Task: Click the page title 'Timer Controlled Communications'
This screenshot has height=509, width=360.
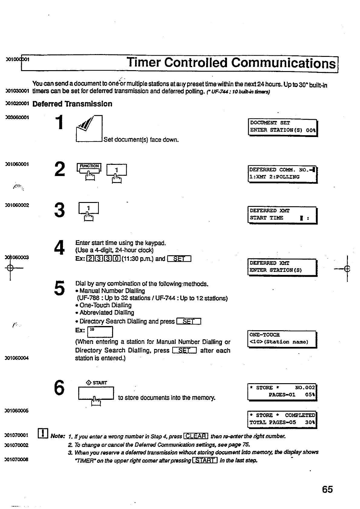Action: pos(231,63)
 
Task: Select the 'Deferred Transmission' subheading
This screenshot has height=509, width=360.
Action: pos(72,104)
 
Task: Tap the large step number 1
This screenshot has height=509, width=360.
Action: pos(60,122)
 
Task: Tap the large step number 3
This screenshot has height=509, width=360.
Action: pos(60,210)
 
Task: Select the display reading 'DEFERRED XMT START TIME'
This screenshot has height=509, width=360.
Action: pos(282,215)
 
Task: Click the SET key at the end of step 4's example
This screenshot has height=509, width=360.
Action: pos(179,259)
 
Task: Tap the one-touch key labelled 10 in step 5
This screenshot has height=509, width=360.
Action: pos(100,332)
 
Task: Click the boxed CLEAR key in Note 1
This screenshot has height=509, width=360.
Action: pos(196,436)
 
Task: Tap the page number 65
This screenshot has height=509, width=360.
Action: pos(327,489)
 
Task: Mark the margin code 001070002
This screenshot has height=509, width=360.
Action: pos(17,445)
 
